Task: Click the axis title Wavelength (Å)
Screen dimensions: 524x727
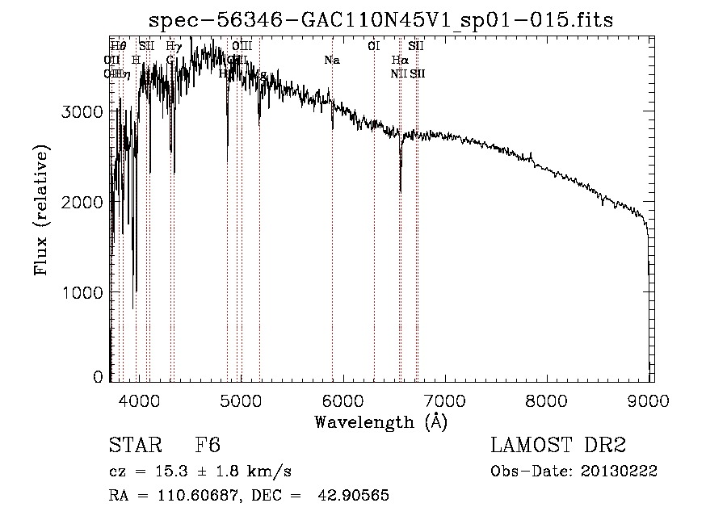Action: (380, 421)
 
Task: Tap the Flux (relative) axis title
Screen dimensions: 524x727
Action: (40, 211)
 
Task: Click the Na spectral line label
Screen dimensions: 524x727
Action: (332, 60)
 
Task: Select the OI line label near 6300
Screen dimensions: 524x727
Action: (373, 47)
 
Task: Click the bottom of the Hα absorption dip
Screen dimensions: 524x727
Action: (401, 191)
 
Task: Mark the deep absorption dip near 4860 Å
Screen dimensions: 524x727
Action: (227, 145)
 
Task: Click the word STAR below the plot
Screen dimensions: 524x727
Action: (134, 446)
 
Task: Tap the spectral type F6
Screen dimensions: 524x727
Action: (208, 446)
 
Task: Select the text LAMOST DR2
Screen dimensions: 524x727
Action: (557, 446)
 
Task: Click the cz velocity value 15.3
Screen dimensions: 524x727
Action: (157, 472)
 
